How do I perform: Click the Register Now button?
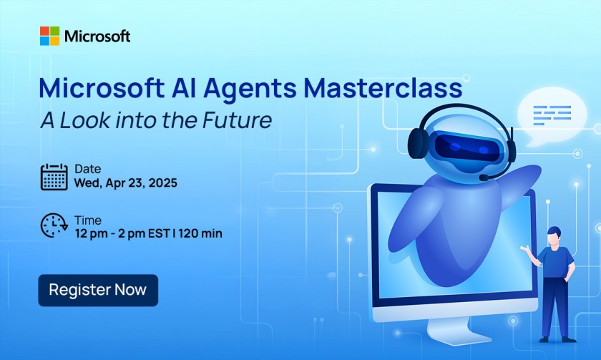coord(98,290)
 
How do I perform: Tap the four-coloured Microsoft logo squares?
coord(49,36)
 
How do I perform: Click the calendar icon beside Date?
coord(54,177)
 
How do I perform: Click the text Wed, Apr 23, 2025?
coord(125,183)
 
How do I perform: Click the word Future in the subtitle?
coord(238,120)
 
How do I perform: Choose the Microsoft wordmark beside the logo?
coord(97,36)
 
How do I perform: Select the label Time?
coord(87,220)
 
